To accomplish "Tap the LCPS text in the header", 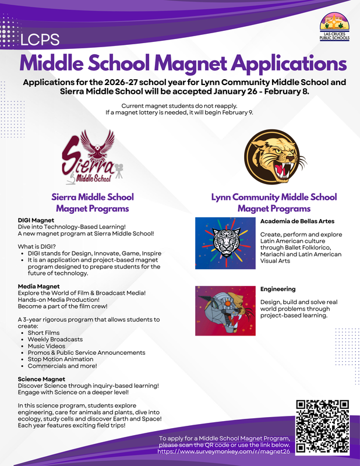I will [x=40, y=40].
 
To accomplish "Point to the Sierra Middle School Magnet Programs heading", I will [x=93, y=203].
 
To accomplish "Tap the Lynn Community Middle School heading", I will [x=274, y=197].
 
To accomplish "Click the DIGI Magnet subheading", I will [x=37, y=221].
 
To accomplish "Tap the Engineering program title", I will [x=278, y=289].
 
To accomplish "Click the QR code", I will [x=322, y=426].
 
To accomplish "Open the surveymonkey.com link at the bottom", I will [x=224, y=451].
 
